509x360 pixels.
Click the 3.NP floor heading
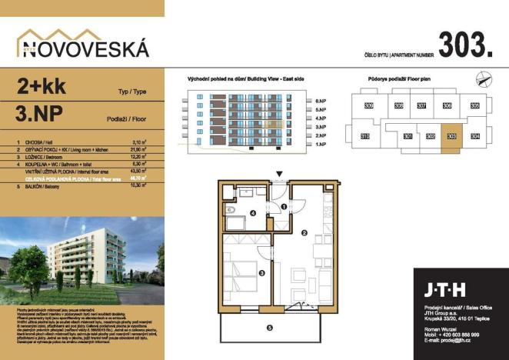click(x=39, y=116)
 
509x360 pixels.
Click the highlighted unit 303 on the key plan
click(x=451, y=137)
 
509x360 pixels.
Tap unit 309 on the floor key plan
click(x=369, y=106)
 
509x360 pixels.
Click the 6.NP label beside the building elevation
click(x=321, y=101)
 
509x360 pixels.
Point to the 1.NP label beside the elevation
click(x=321, y=144)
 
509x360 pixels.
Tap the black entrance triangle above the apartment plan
click(x=281, y=175)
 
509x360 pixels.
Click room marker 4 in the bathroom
click(x=253, y=214)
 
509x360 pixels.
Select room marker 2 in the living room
click(x=304, y=233)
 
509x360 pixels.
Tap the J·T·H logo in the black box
click(x=445, y=291)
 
